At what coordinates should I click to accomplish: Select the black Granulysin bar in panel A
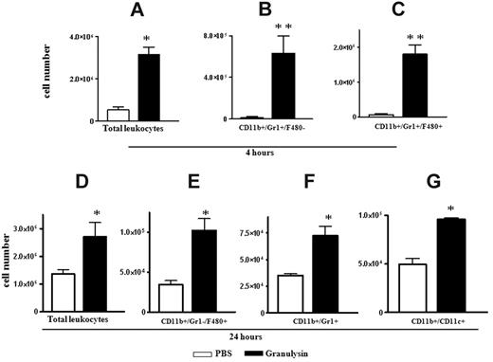click(148, 85)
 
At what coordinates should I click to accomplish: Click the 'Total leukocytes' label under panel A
click(133, 127)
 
